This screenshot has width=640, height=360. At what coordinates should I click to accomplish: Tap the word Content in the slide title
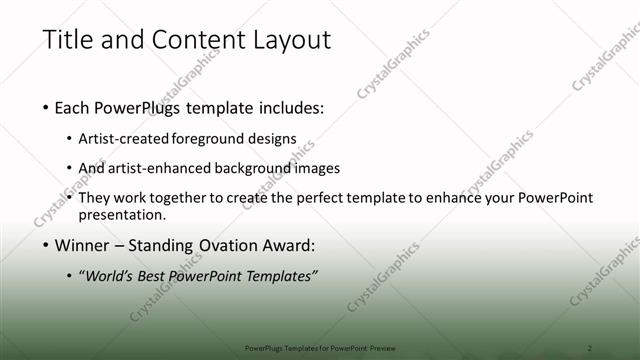pyautogui.click(x=192, y=41)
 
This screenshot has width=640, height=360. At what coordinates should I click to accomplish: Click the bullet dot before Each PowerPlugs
pyautogui.click(x=47, y=107)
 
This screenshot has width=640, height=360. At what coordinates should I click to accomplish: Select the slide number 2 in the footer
pyautogui.click(x=590, y=347)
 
